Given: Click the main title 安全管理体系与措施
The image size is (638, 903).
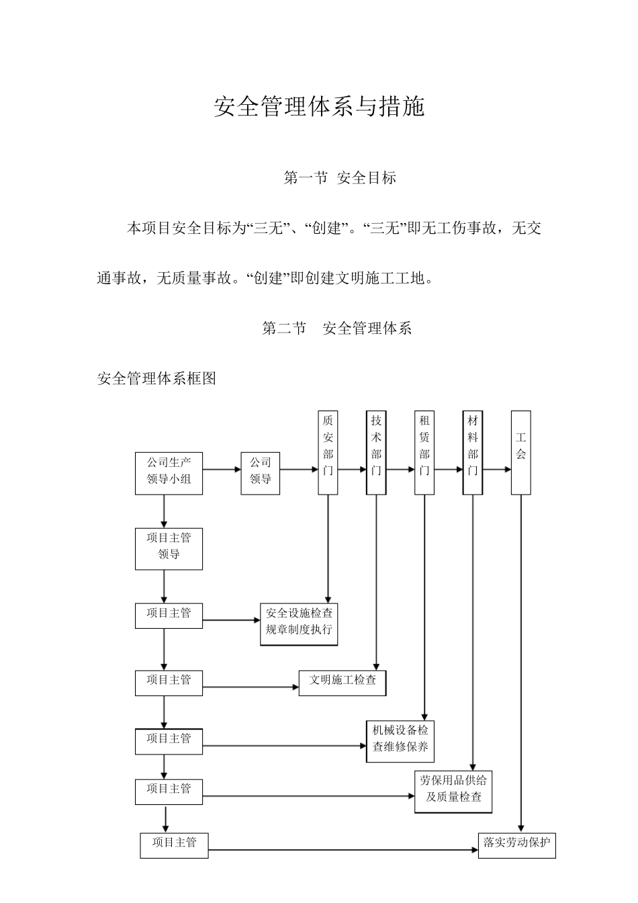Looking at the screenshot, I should [319, 107].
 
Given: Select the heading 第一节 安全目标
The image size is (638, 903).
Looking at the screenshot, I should [340, 178].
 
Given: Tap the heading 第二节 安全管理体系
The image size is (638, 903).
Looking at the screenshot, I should [336, 328].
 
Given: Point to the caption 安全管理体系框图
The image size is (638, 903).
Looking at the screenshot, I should [156, 378].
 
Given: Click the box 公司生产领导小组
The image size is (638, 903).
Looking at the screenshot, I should [169, 473].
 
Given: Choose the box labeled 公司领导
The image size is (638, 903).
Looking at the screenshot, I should [260, 473].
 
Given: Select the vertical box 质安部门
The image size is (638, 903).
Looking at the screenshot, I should [328, 452].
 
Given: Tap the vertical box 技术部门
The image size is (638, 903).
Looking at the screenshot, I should [376, 452].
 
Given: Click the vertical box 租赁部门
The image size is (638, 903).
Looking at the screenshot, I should [424, 452].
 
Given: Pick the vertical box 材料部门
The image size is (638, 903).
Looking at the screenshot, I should [473, 452].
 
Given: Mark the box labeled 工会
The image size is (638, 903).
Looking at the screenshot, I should [520, 452].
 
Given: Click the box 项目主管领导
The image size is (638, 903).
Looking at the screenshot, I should [169, 549].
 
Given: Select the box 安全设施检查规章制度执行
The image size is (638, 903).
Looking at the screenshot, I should [299, 624].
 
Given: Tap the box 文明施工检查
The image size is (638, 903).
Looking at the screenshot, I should [343, 683].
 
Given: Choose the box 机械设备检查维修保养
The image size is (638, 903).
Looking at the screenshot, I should [401, 741].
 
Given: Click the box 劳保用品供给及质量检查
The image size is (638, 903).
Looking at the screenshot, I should [453, 791].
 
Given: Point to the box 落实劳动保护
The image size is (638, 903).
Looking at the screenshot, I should [517, 845].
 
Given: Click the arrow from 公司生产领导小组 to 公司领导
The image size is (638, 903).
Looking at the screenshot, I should [222, 470].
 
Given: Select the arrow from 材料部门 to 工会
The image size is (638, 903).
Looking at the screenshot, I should [497, 470].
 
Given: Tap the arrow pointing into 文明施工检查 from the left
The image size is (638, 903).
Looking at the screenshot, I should [250, 687].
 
